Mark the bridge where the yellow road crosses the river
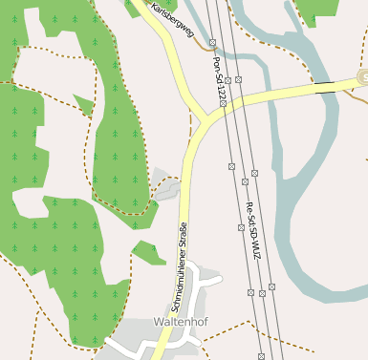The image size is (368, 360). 326,86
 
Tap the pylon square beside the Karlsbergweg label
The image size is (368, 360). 212,42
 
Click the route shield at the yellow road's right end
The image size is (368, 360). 362,76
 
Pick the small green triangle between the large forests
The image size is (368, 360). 84,104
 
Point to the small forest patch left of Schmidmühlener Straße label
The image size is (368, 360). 148,253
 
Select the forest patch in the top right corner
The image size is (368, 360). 315,11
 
